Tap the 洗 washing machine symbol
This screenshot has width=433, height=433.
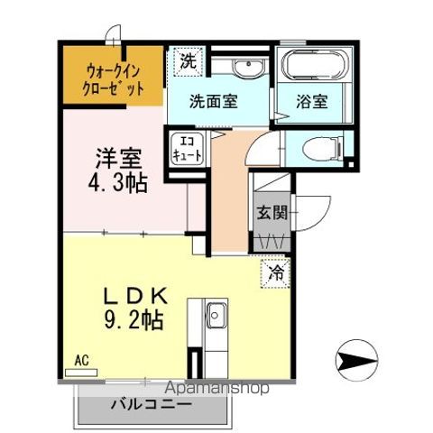click(187, 62)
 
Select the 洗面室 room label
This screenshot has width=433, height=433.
click(214, 101)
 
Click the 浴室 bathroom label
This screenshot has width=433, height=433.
click(312, 102)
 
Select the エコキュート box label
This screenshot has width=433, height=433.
click(187, 148)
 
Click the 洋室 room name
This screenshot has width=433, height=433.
click(119, 159)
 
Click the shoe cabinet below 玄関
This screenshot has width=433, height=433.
click(271, 241)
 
